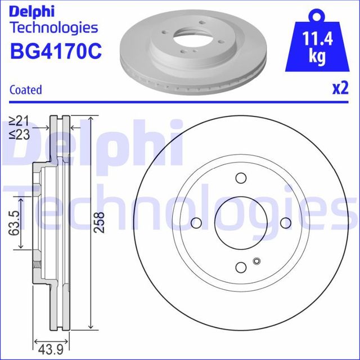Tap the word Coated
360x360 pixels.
[x=26, y=89]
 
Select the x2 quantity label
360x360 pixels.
[x=339, y=88]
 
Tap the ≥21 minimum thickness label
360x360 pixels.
[x=19, y=120]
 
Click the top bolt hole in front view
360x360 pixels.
[x=241, y=178]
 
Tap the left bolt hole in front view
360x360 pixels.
[x=197, y=222]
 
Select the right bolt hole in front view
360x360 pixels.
[x=285, y=222]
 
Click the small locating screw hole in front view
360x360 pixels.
[x=257, y=260]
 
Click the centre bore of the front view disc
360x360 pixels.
[x=241, y=222]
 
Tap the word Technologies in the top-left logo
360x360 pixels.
[x=54, y=28]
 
